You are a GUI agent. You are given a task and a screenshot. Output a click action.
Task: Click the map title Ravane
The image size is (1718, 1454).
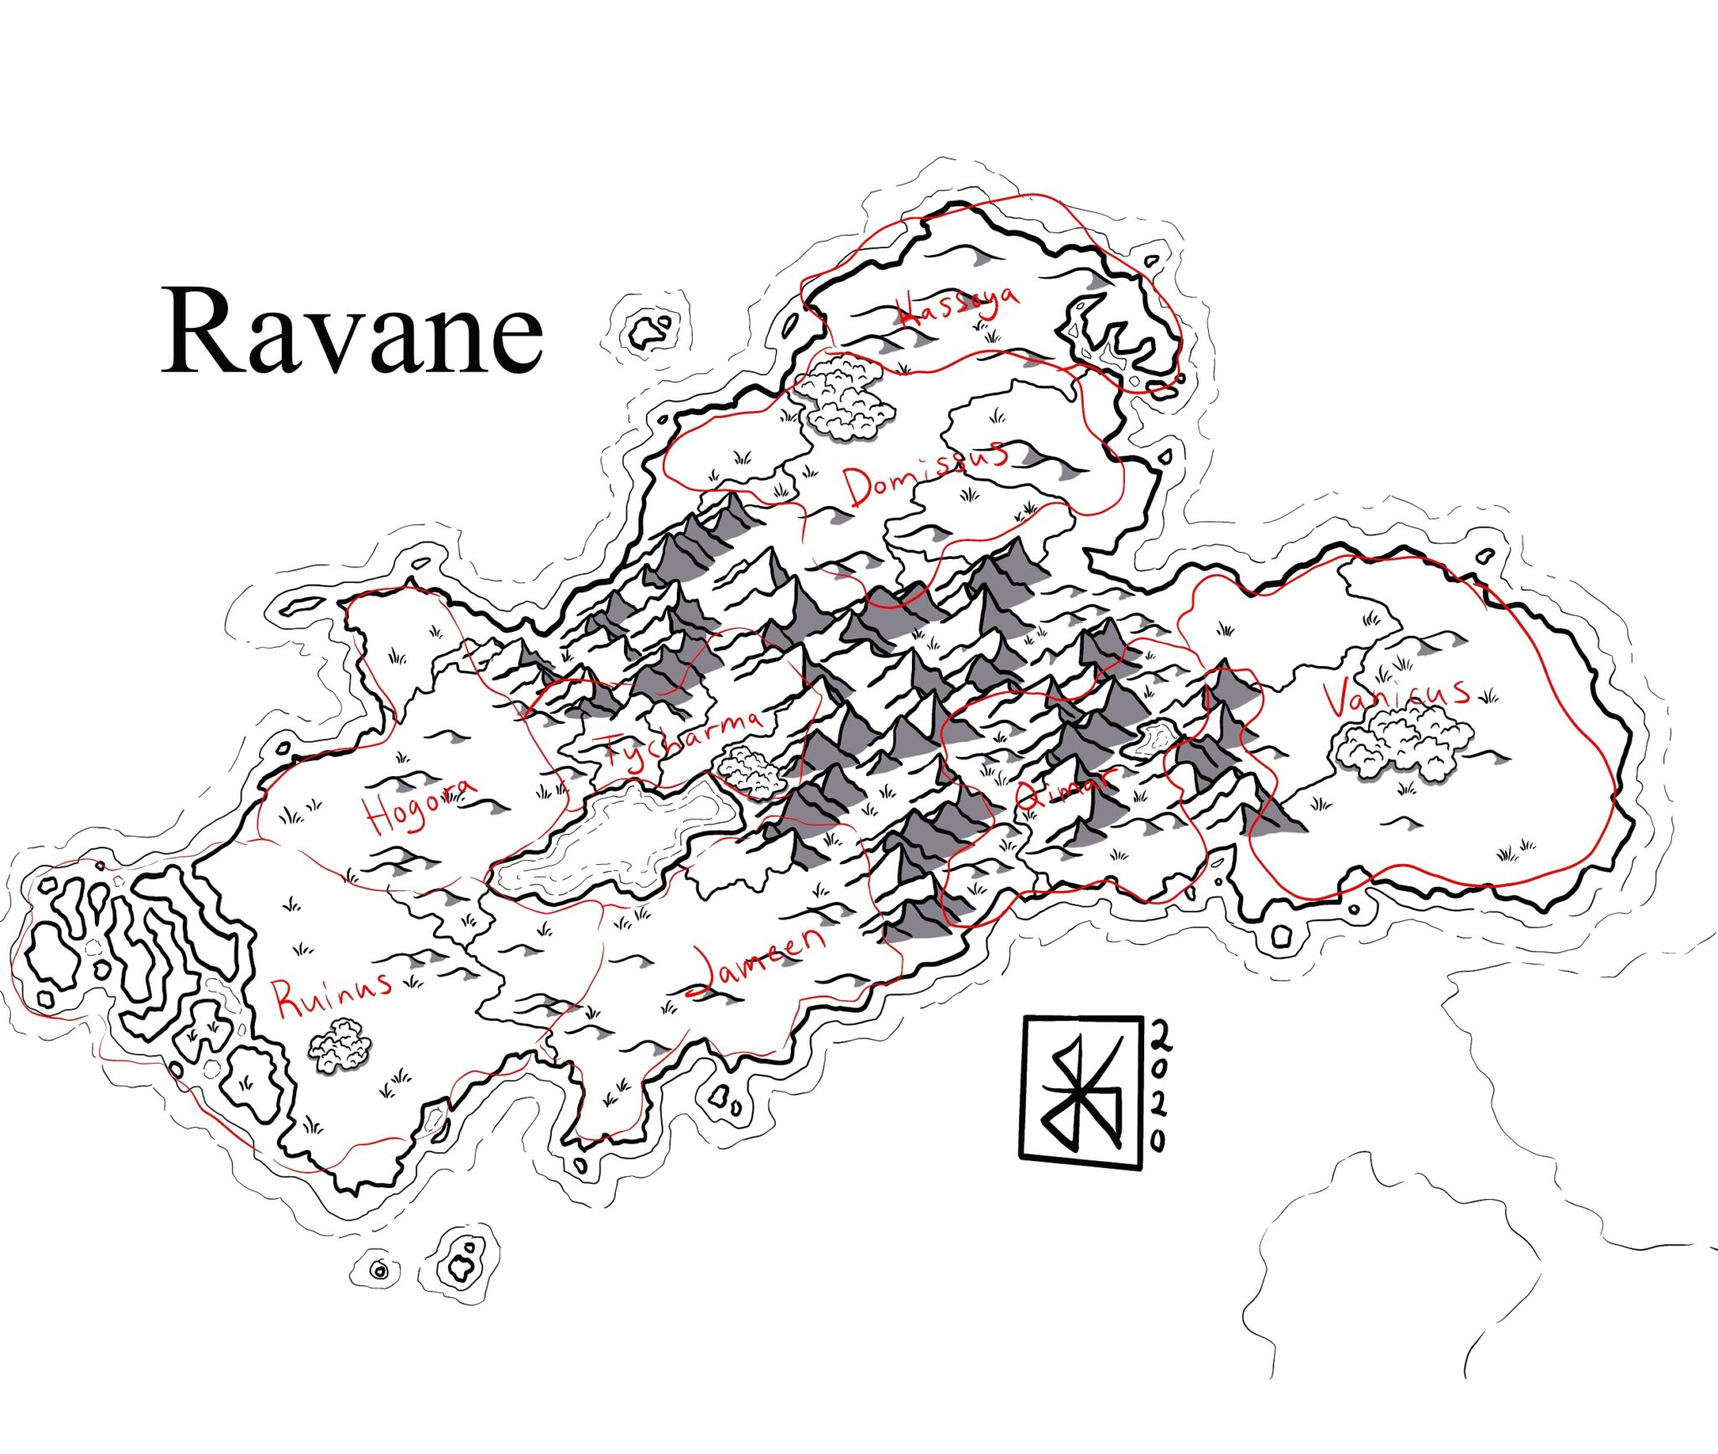[352, 332]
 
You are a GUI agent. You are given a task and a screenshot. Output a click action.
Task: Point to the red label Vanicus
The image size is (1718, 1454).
[1396, 696]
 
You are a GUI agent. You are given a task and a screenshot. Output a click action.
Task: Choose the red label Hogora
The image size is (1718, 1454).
[419, 802]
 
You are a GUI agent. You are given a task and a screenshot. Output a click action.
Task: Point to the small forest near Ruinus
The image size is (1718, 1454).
[340, 1045]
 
